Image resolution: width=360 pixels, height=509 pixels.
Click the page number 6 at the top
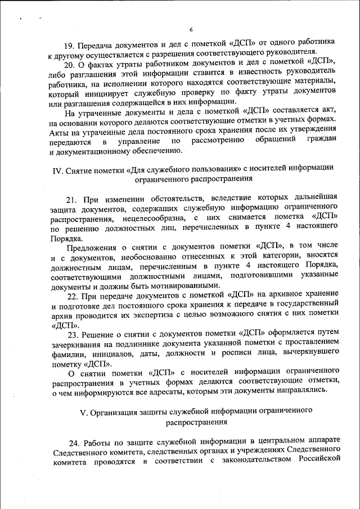191,30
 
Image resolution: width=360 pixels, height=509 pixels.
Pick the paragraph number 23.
73,334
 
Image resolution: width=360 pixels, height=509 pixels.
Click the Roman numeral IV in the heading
55,168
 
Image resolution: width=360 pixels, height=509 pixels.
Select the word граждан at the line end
322,139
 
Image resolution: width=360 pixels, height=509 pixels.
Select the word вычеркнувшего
309,354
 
